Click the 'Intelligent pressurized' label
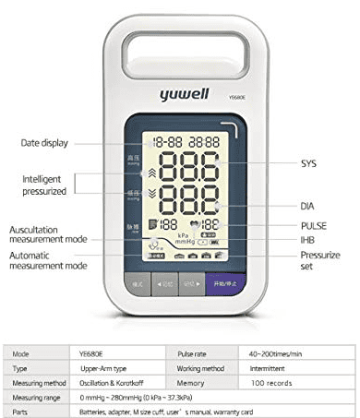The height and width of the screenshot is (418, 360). click(45, 185)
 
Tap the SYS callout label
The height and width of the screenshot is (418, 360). click(308, 163)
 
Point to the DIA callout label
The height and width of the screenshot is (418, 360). click(307, 206)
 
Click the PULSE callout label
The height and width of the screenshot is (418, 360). click(313, 225)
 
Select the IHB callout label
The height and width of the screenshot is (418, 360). click(307, 241)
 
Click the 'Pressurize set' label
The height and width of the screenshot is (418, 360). click(319, 259)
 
